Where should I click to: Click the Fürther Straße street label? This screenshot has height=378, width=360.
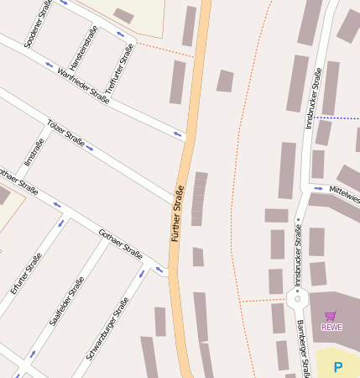click(178, 213)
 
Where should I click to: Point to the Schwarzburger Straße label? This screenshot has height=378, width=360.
click(107, 329)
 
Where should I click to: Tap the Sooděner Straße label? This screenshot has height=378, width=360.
click(38, 23)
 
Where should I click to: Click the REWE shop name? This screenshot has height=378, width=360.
click(331, 327)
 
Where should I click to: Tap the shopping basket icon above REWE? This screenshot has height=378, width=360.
click(331, 316)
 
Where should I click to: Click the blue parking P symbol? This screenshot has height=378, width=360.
click(338, 366)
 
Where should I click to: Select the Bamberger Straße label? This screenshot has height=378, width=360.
click(304, 349)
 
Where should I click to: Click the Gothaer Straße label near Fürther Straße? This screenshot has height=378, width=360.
click(120, 244)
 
